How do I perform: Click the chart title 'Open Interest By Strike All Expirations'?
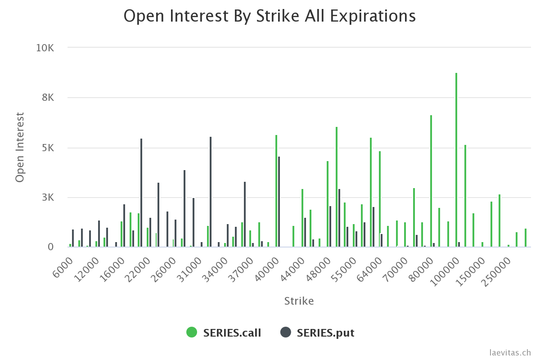pos(270,16)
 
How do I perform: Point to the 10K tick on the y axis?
pos(45,48)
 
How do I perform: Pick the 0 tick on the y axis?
pos(50,247)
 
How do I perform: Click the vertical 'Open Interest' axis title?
pos(19,147)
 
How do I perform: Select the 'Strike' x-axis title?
pos(299,301)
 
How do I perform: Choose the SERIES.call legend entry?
pos(224,333)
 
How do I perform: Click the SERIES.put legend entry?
pos(317,333)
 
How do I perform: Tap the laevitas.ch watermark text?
pos(510,353)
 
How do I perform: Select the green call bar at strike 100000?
pos(456,160)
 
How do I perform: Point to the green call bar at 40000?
pos(276,191)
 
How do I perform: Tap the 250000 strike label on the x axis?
pos(497,269)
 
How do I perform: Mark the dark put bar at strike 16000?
pos(124,225)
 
